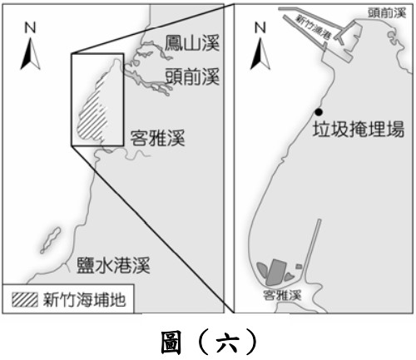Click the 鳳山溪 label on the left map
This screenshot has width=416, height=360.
[x=192, y=43]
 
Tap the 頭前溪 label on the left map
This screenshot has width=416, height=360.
[x=192, y=76]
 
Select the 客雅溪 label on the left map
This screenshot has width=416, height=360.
[x=157, y=137]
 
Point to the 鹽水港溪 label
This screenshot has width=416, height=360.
[x=113, y=265]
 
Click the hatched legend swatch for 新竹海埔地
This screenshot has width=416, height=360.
[x=25, y=299]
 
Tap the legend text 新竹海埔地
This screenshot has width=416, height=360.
[x=84, y=299]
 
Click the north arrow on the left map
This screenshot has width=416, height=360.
[x=31, y=54]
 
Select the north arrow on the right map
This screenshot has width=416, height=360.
[x=260, y=54]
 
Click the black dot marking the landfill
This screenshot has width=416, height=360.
[x=319, y=112]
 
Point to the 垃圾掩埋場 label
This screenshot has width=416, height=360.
[x=359, y=129]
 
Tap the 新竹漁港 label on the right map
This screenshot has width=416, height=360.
[x=314, y=27]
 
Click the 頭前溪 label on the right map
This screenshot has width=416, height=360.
[x=387, y=12]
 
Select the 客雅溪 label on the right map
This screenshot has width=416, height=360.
[x=282, y=295]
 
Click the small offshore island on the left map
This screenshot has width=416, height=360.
[x=51, y=240]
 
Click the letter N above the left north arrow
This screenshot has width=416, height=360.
[x=30, y=27]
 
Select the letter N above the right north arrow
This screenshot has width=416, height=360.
[x=260, y=27]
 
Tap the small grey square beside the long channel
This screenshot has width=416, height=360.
[x=299, y=267]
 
